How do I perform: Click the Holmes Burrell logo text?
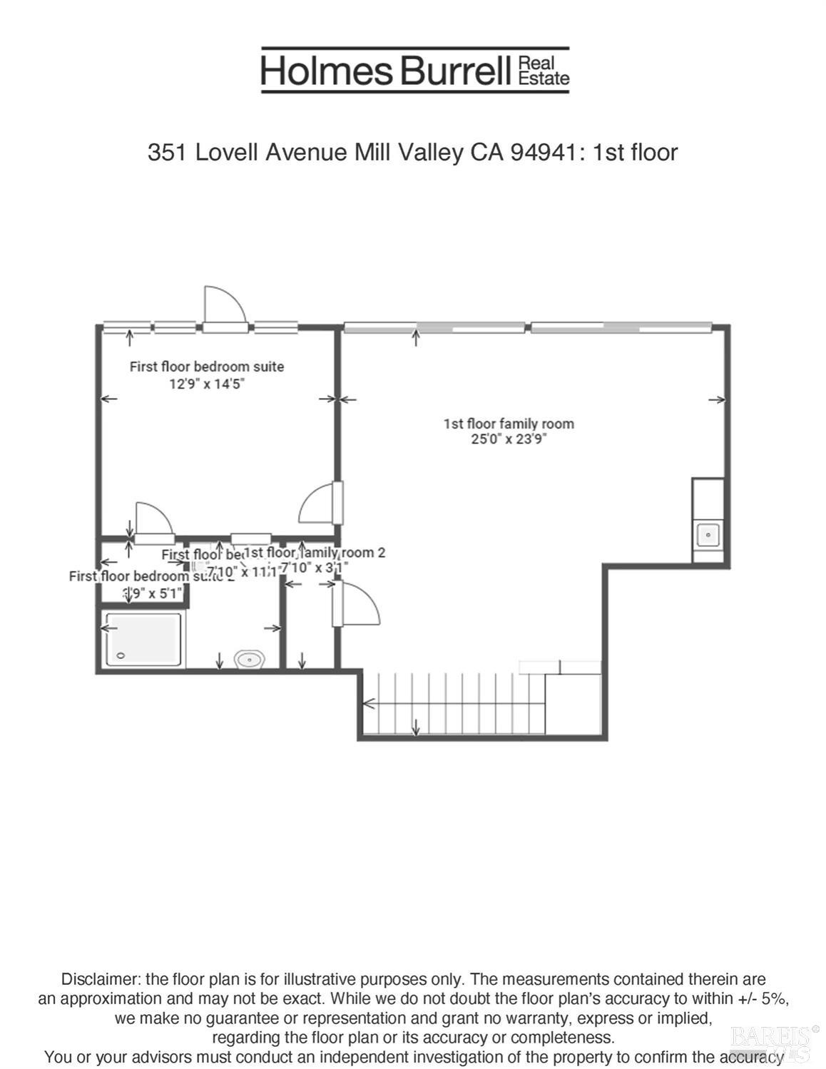[x=385, y=71]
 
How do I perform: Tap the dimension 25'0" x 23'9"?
[x=508, y=439]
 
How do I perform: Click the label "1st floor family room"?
[x=508, y=424]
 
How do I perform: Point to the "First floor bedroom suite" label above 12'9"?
[x=207, y=367]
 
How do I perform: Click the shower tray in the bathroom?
[x=143, y=639]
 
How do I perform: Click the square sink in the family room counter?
[x=708, y=533]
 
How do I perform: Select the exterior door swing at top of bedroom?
[x=224, y=307]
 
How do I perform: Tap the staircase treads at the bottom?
[x=457, y=703]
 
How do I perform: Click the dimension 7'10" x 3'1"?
[x=314, y=568]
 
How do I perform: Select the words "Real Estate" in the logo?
[x=544, y=71]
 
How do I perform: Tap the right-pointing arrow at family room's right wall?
[x=717, y=400]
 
